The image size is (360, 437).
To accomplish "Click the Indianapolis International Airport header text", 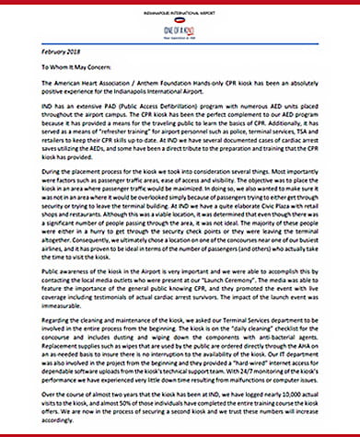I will (x=180, y=8).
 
